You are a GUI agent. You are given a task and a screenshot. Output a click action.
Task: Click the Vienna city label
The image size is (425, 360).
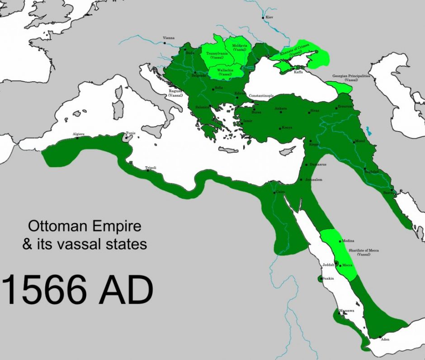168,38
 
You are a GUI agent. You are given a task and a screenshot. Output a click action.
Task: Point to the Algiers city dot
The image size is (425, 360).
77,138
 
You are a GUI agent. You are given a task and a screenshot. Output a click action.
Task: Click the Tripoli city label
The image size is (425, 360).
151,168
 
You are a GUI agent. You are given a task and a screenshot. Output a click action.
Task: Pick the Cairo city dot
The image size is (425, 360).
274,193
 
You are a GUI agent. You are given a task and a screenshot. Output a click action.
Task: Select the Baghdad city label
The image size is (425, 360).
371,172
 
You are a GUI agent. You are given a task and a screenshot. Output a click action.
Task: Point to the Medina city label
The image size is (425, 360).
348,241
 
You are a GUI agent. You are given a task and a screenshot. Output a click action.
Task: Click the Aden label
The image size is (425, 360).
385,339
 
